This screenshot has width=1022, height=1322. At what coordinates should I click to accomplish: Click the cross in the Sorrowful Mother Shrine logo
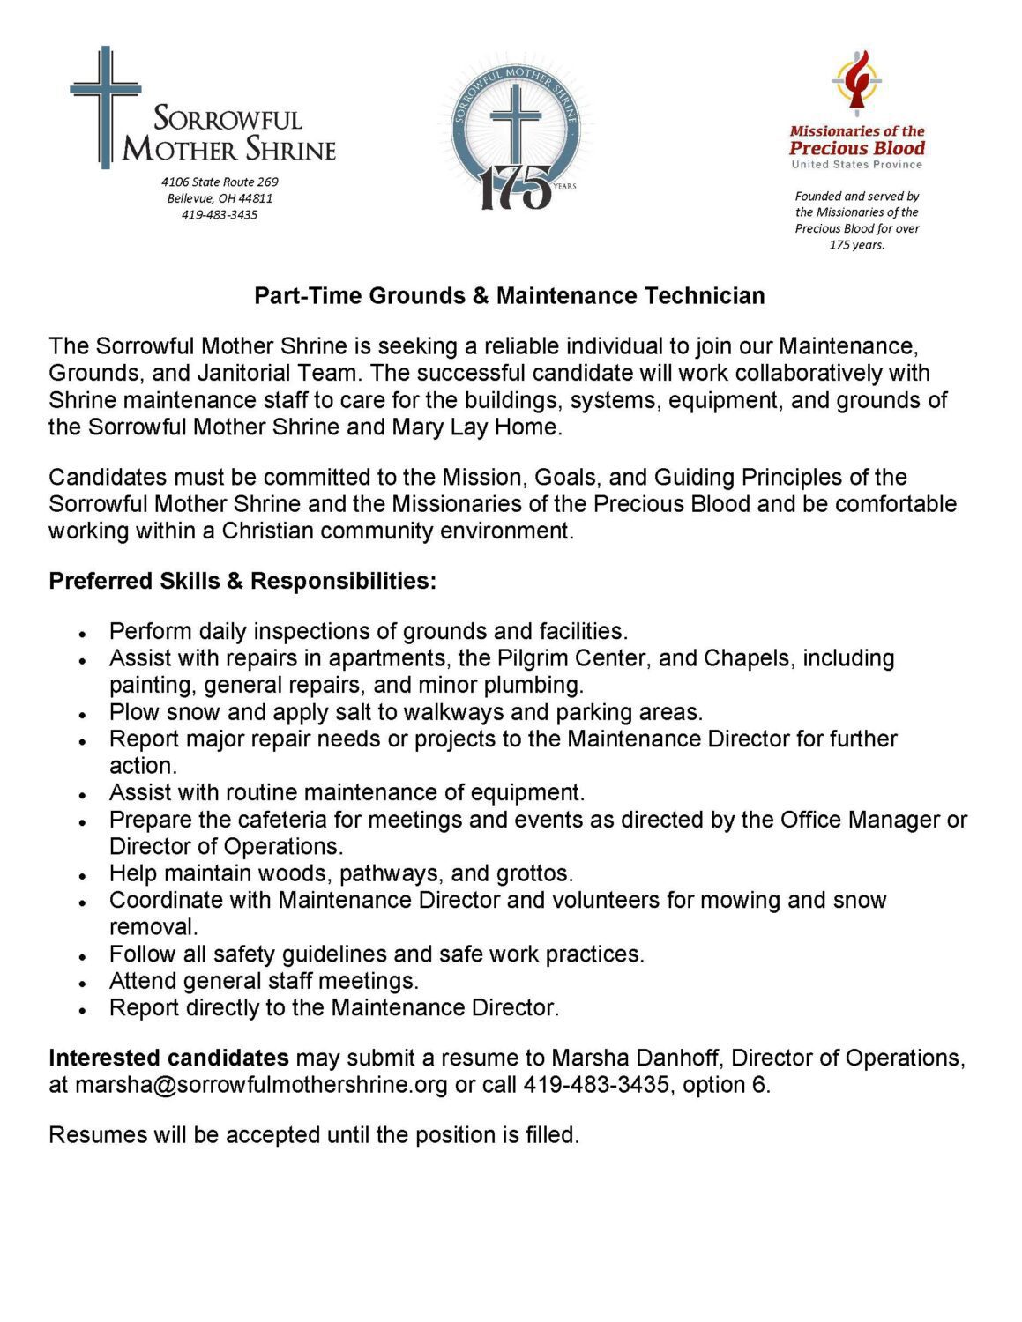point(106,106)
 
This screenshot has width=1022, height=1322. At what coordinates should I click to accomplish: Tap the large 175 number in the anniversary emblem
point(515,188)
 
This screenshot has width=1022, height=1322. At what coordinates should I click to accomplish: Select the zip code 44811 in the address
point(256,198)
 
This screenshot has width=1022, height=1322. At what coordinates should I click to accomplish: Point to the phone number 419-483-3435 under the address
point(220,214)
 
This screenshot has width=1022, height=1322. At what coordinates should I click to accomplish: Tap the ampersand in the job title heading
point(481,295)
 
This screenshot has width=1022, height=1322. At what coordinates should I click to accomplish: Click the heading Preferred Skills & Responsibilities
point(242,582)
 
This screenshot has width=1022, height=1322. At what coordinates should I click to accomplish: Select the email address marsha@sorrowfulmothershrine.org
point(261,1085)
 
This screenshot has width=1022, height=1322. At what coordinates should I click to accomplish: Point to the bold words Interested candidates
point(168,1058)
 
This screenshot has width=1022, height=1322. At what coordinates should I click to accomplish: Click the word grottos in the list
point(534,874)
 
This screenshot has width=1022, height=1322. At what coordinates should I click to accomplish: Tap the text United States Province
point(856,165)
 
